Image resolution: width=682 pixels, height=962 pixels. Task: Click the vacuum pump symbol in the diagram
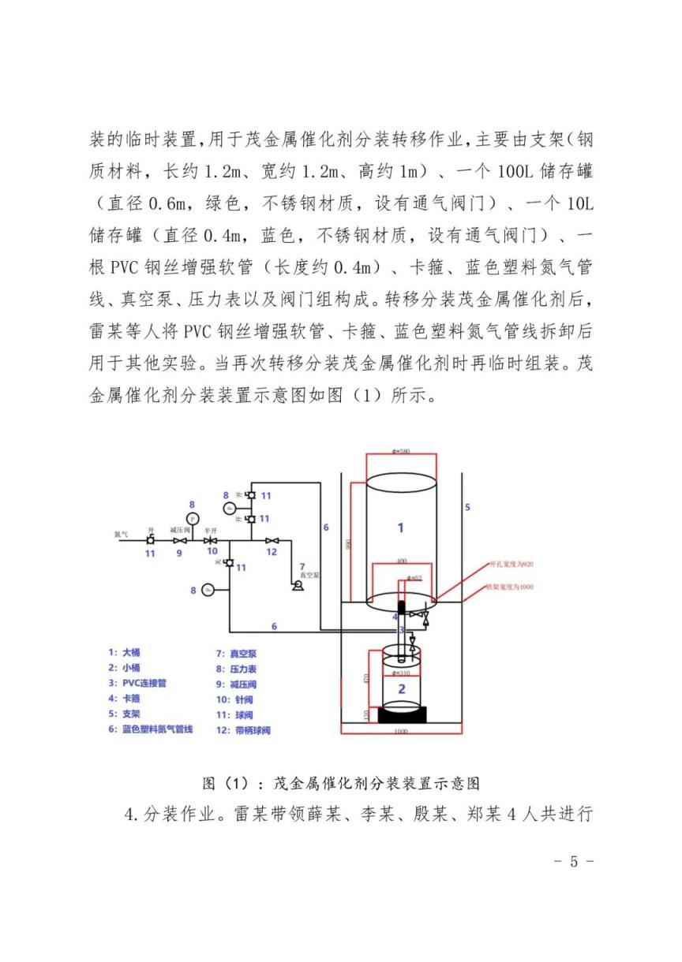[298, 586]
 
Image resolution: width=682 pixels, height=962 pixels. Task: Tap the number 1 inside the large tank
[400, 528]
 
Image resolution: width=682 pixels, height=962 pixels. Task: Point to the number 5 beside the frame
[467, 507]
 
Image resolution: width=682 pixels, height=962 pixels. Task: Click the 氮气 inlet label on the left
[121, 534]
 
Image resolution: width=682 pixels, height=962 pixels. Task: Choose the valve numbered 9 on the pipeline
[181, 541]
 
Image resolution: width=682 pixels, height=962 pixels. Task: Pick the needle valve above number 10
[211, 541]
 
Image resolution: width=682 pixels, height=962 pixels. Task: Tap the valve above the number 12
[271, 541]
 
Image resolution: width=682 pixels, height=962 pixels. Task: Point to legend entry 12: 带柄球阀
[242, 730]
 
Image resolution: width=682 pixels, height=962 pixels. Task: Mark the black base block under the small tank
[403, 715]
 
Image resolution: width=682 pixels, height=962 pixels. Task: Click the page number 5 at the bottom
[574, 861]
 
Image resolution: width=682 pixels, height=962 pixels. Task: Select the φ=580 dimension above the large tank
[402, 452]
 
